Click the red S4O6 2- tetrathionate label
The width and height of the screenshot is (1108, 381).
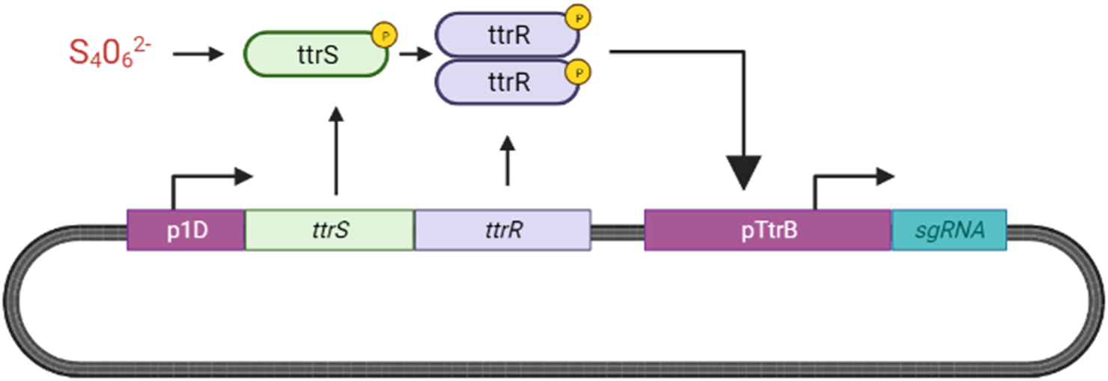tap(112, 53)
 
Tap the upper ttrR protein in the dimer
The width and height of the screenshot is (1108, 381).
tap(508, 34)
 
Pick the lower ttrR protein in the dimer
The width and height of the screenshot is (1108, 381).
tap(508, 82)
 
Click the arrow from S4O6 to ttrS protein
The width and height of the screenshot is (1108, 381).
tap(198, 54)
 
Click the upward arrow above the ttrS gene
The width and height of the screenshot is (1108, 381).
tap(336, 150)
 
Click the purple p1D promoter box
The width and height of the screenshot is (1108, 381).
tap(186, 230)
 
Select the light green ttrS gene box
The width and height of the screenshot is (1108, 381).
tap(329, 230)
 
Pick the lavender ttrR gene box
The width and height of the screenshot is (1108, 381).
tap(502, 230)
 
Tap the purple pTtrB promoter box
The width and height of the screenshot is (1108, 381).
tap(767, 230)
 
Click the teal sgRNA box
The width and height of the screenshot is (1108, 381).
tap(949, 230)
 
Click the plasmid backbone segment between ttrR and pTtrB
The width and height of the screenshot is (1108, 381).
tap(618, 231)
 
